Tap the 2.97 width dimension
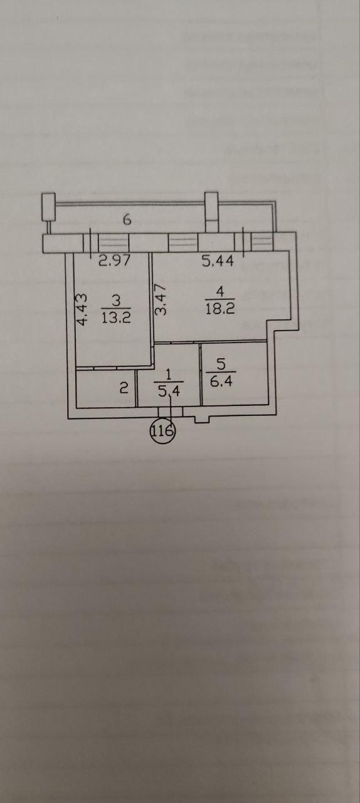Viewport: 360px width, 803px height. pyautogui.click(x=114, y=260)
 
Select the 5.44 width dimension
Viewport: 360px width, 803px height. pyautogui.click(x=218, y=260)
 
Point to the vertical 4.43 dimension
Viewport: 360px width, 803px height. pyautogui.click(x=82, y=309)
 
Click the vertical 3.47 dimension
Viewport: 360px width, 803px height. pyautogui.click(x=161, y=299)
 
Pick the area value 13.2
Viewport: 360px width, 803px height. pyautogui.click(x=116, y=317)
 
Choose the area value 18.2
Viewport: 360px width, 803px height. pyautogui.click(x=220, y=308)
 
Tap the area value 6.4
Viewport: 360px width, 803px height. pyautogui.click(x=221, y=381)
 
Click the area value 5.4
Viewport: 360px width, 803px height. pyautogui.click(x=169, y=391)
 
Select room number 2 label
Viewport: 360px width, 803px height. pyautogui.click(x=124, y=388)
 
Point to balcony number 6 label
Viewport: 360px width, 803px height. pyautogui.click(x=127, y=219)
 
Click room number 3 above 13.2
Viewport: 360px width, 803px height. pyautogui.click(x=116, y=300)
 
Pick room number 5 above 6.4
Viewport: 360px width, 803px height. pyautogui.click(x=221, y=364)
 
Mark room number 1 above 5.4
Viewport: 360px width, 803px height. pyautogui.click(x=169, y=375)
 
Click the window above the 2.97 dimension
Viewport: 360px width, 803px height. pyautogui.click(x=114, y=243)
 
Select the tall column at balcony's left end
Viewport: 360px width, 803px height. pyautogui.click(x=48, y=207)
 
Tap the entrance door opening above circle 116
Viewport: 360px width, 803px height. pyautogui.click(x=171, y=412)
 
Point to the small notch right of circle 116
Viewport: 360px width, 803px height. pyautogui.click(x=201, y=420)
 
